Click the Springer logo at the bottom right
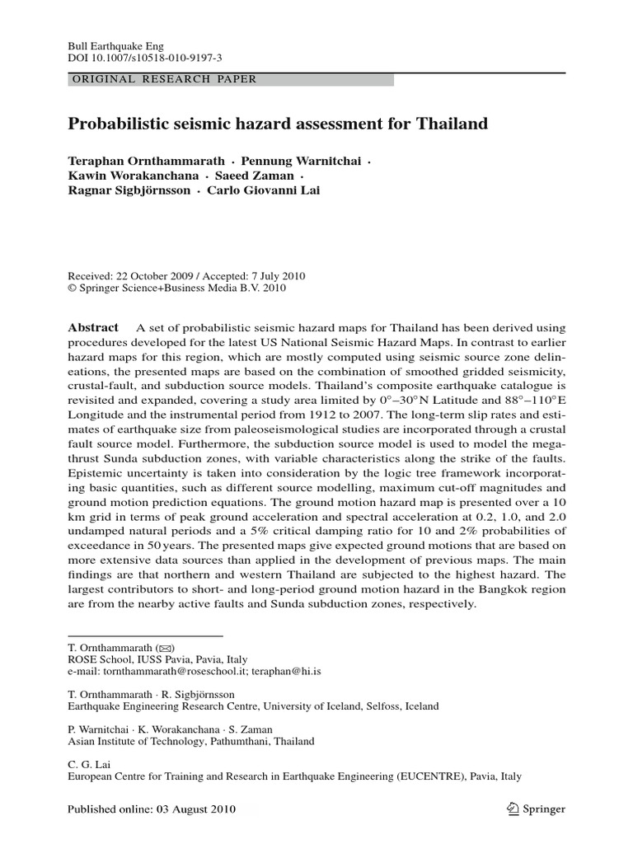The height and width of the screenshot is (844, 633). point(536,809)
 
